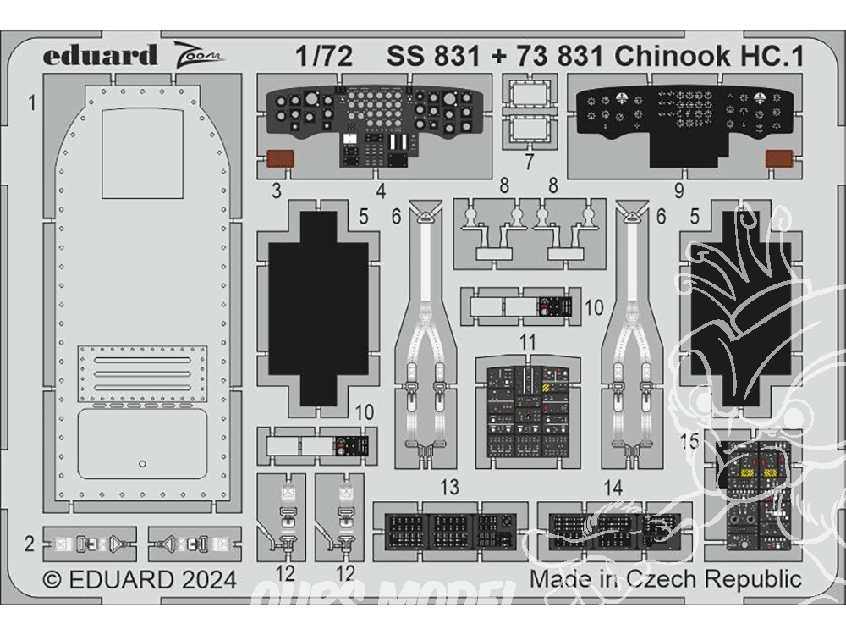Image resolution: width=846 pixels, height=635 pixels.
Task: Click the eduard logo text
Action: [x=101, y=56]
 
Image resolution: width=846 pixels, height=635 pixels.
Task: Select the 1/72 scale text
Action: [x=324, y=56]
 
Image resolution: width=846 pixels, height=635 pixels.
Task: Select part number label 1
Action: [x=31, y=104]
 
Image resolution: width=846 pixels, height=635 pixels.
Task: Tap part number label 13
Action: [x=449, y=488]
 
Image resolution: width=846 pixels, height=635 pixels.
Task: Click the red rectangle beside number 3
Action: [x=280, y=157]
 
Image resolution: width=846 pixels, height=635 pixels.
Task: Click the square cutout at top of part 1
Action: [x=142, y=152]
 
